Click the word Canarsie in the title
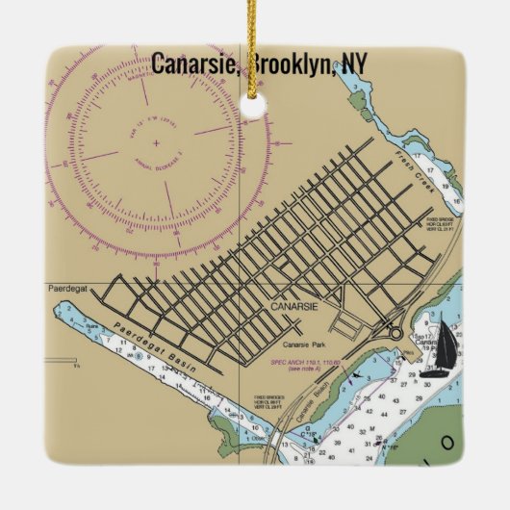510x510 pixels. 197,64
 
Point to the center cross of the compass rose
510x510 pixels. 156,141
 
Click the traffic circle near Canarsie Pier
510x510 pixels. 395,332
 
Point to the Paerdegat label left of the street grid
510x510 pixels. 66,288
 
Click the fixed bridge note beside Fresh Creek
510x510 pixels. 439,223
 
